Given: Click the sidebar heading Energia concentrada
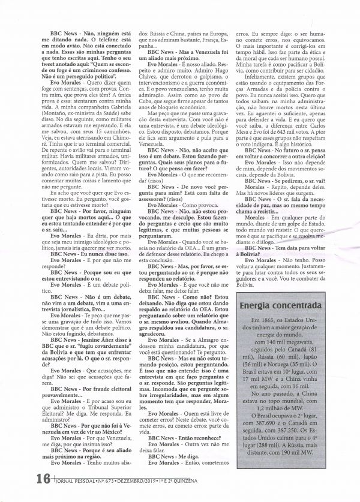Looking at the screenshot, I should tap(275, 308).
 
